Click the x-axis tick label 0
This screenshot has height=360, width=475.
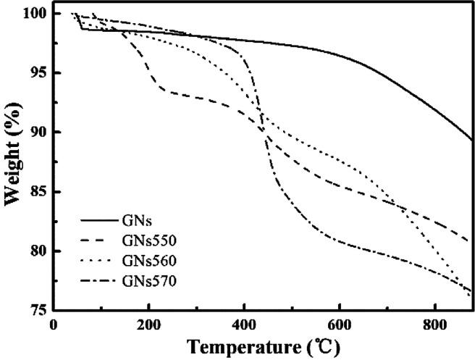tap(54, 324)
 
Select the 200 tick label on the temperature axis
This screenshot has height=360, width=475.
tap(149, 324)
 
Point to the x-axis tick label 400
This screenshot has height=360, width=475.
tap(244, 324)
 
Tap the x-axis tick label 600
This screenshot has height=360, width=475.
tap(339, 324)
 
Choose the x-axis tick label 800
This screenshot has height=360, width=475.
tap(434, 324)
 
